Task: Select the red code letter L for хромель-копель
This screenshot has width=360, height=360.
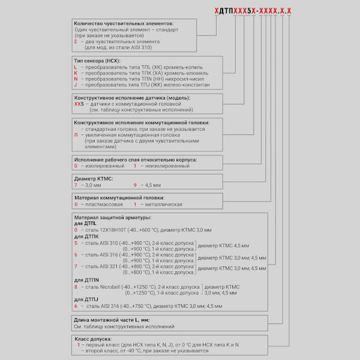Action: [x=76, y=67]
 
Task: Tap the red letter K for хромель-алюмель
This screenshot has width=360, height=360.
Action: [x=76, y=73]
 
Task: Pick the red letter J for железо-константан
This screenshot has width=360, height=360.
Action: [x=76, y=85]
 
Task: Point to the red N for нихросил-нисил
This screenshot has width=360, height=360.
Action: [x=76, y=79]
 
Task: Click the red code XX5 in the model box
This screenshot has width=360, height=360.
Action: [x=77, y=104]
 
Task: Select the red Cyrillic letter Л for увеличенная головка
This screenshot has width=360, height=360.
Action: [x=76, y=135]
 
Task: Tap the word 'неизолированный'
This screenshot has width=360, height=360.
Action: [x=163, y=166]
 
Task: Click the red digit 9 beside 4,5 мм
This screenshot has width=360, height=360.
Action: [x=135, y=185]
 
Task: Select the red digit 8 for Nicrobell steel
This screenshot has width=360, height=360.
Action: [x=76, y=287]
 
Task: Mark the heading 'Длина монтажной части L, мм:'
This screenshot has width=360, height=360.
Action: [x=111, y=320]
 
